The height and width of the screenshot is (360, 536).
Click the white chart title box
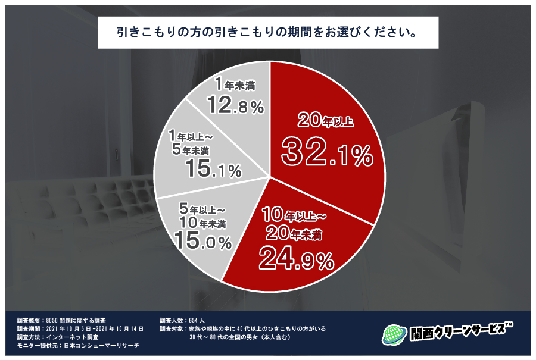pos(268,32)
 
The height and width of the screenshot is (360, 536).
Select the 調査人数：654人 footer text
pos(183,320)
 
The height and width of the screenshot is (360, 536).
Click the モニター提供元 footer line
pos(78,345)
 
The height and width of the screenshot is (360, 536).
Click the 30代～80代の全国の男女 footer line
pos(244,337)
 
